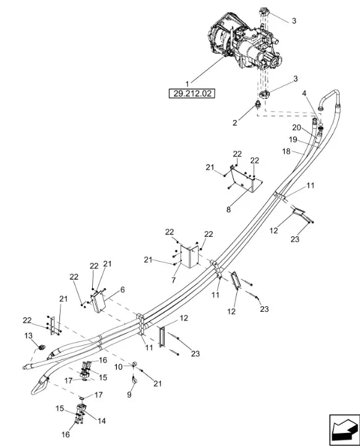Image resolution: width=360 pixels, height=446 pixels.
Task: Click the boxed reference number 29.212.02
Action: coord(192,93)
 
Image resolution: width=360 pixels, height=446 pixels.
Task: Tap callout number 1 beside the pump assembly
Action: coord(187,84)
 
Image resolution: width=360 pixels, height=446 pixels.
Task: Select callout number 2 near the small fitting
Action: coord(234,122)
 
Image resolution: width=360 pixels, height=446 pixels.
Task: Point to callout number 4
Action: coord(304,93)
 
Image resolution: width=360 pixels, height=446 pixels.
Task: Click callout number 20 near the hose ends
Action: coord(296,127)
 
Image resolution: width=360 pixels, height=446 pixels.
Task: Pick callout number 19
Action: coord(293,139)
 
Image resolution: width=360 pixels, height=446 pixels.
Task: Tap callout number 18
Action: coord(286,152)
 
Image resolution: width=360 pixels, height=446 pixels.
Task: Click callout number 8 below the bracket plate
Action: coord(228,210)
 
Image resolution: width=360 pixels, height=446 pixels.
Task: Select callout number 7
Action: coord(173,280)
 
